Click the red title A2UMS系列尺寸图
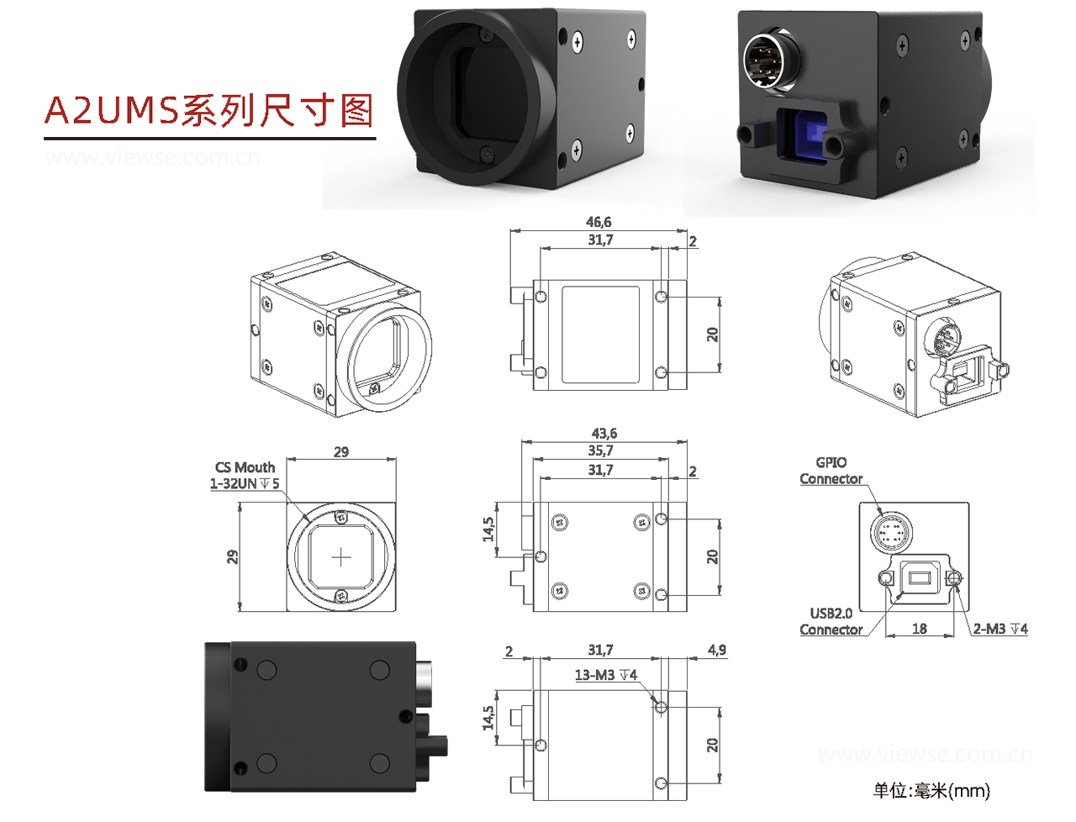[208, 110]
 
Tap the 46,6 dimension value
[599, 222]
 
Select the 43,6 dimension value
[604, 434]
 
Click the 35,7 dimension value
[600, 451]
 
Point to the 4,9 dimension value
[716, 650]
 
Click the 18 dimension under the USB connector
[920, 629]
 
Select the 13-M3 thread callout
[605, 675]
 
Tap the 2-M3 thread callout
[1000, 629]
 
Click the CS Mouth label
[245, 467]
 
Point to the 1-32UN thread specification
[244, 484]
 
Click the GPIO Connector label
[831, 471]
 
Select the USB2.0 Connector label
[831, 621]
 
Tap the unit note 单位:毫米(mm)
[931, 790]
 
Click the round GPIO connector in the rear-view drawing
[890, 532]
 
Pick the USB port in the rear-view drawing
[919, 577]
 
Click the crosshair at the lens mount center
[341, 557]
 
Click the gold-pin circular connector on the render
[770, 61]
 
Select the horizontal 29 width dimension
[340, 452]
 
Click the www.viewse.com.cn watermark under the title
[152, 157]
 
